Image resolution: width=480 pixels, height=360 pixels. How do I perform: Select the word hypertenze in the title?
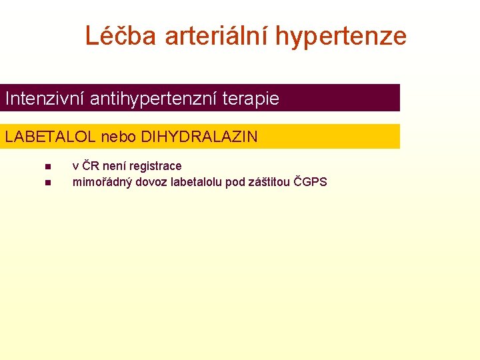tap(341, 36)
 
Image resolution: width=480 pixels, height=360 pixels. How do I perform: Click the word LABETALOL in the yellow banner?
tap(51, 137)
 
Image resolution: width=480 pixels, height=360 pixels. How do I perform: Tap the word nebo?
tap(119, 137)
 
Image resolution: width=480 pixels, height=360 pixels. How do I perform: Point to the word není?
tap(115, 166)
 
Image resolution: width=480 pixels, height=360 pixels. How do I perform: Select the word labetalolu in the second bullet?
tap(197, 182)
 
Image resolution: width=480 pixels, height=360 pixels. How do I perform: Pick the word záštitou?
tap(269, 182)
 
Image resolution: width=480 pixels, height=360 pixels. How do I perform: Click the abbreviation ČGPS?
tap(311, 182)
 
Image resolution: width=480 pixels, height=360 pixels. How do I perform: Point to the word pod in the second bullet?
tap(235, 182)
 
